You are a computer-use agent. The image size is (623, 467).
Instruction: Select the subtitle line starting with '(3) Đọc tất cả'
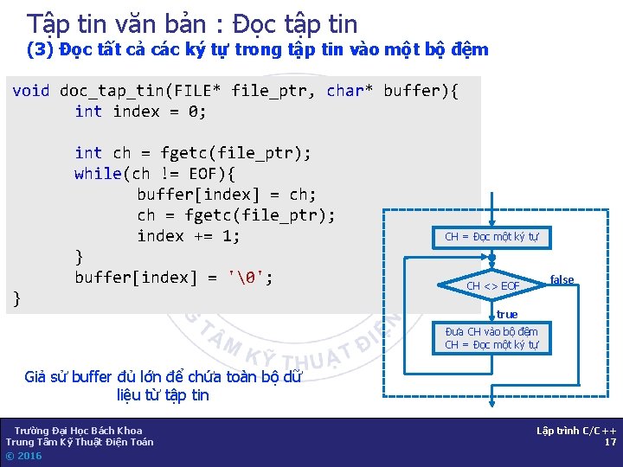pyautogui.click(x=258, y=49)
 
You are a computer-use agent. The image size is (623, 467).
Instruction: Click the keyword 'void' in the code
pyautogui.click(x=31, y=91)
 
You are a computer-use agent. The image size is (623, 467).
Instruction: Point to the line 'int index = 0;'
pyautogui.click(x=140, y=112)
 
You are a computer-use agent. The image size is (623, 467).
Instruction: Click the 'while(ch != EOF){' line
pyautogui.click(x=156, y=174)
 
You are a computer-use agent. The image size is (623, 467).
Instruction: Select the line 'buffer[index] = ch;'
pyautogui.click(x=227, y=195)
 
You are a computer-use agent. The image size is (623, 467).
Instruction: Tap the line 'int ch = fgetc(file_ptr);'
pyautogui.click(x=193, y=153)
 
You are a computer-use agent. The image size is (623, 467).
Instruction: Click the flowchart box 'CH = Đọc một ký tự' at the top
pyautogui.click(x=491, y=237)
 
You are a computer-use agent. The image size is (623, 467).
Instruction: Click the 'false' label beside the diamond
pyautogui.click(x=562, y=279)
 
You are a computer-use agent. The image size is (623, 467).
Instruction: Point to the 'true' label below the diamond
pyautogui.click(x=507, y=315)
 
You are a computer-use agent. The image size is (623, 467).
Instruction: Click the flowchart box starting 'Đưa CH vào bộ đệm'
pyautogui.click(x=491, y=338)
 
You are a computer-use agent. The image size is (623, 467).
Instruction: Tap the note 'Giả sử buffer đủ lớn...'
pyautogui.click(x=163, y=386)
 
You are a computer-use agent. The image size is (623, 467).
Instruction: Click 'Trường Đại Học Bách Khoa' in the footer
pyautogui.click(x=78, y=431)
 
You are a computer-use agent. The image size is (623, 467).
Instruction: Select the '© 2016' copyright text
pyautogui.click(x=23, y=456)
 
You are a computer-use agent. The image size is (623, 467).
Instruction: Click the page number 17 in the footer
pyautogui.click(x=610, y=443)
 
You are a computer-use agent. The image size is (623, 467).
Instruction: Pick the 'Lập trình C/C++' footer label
pyautogui.click(x=576, y=431)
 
